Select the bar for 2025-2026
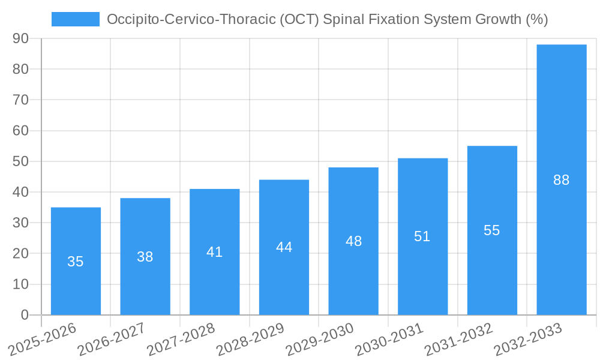76,282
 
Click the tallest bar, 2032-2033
561,120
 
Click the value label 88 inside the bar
561,180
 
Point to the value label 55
491,230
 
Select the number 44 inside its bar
284,247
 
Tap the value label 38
145,257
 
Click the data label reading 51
422,236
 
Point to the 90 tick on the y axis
20,38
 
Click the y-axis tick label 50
20,161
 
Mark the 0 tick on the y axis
25,315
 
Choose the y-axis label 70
20,100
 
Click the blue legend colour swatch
76,19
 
